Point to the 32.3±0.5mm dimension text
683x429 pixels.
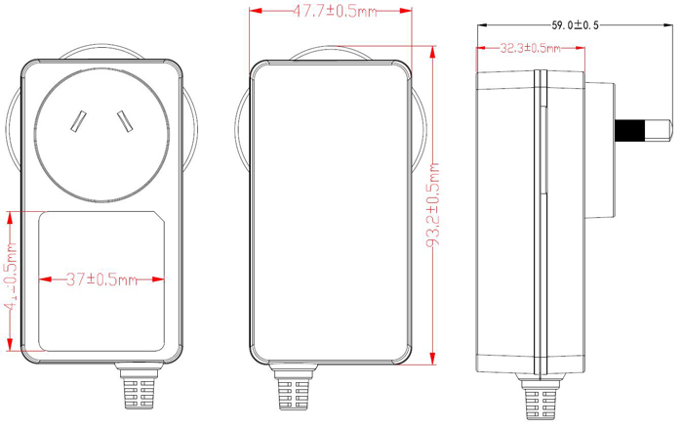tap(530, 47)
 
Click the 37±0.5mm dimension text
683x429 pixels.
tap(100, 279)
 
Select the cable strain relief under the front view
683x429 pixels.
tap(139, 391)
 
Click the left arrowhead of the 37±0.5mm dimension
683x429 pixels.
tap(43, 279)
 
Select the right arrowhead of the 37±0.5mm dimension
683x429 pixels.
tap(160, 279)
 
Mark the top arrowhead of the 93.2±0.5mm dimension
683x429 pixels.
tap(432, 45)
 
